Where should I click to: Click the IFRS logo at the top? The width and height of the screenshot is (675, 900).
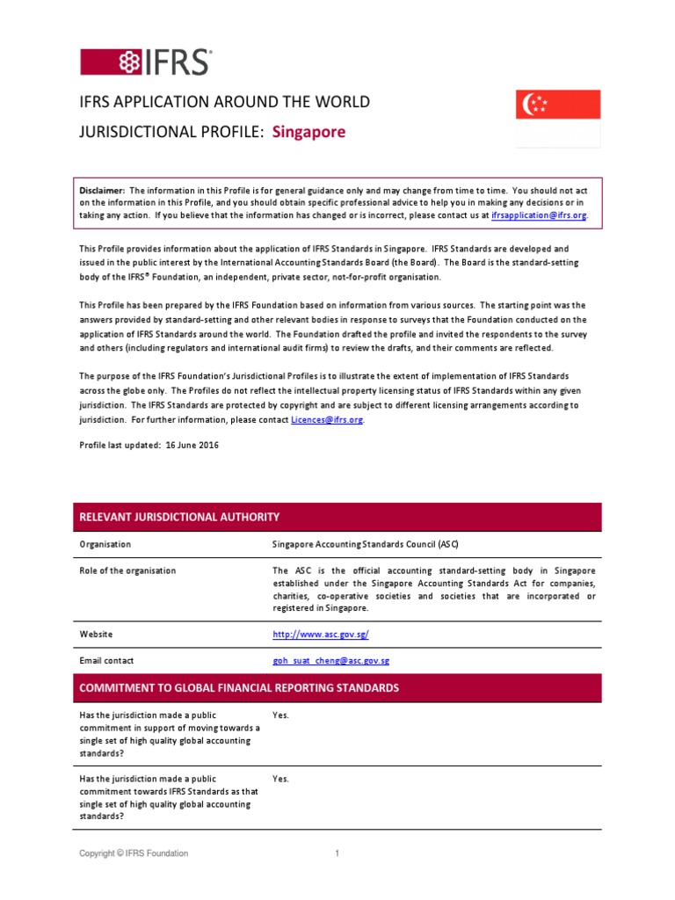146,62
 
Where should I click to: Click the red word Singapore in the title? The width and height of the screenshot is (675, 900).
308,132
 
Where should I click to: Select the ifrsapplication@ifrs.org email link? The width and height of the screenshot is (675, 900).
538,215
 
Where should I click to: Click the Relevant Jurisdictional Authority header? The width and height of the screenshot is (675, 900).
180,517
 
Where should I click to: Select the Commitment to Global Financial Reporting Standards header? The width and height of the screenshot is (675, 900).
239,687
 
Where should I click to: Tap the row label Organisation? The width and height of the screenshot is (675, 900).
105,544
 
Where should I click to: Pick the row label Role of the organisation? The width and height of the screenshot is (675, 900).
127,570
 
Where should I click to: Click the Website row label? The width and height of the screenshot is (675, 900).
96,634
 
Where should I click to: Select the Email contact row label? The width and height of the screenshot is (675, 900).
106,660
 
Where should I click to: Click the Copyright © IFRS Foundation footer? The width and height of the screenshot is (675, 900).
134,853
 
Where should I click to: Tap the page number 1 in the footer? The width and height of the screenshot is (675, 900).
337,853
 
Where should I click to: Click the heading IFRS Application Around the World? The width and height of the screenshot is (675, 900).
225,102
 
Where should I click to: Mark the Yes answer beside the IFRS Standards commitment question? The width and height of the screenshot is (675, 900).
280,779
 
